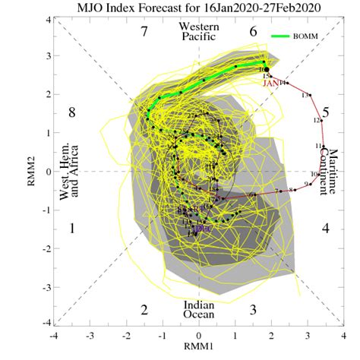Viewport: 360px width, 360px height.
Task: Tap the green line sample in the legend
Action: point(291,35)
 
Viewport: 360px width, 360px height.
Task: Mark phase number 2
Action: point(144,309)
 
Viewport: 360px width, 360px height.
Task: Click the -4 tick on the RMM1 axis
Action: point(53,335)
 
